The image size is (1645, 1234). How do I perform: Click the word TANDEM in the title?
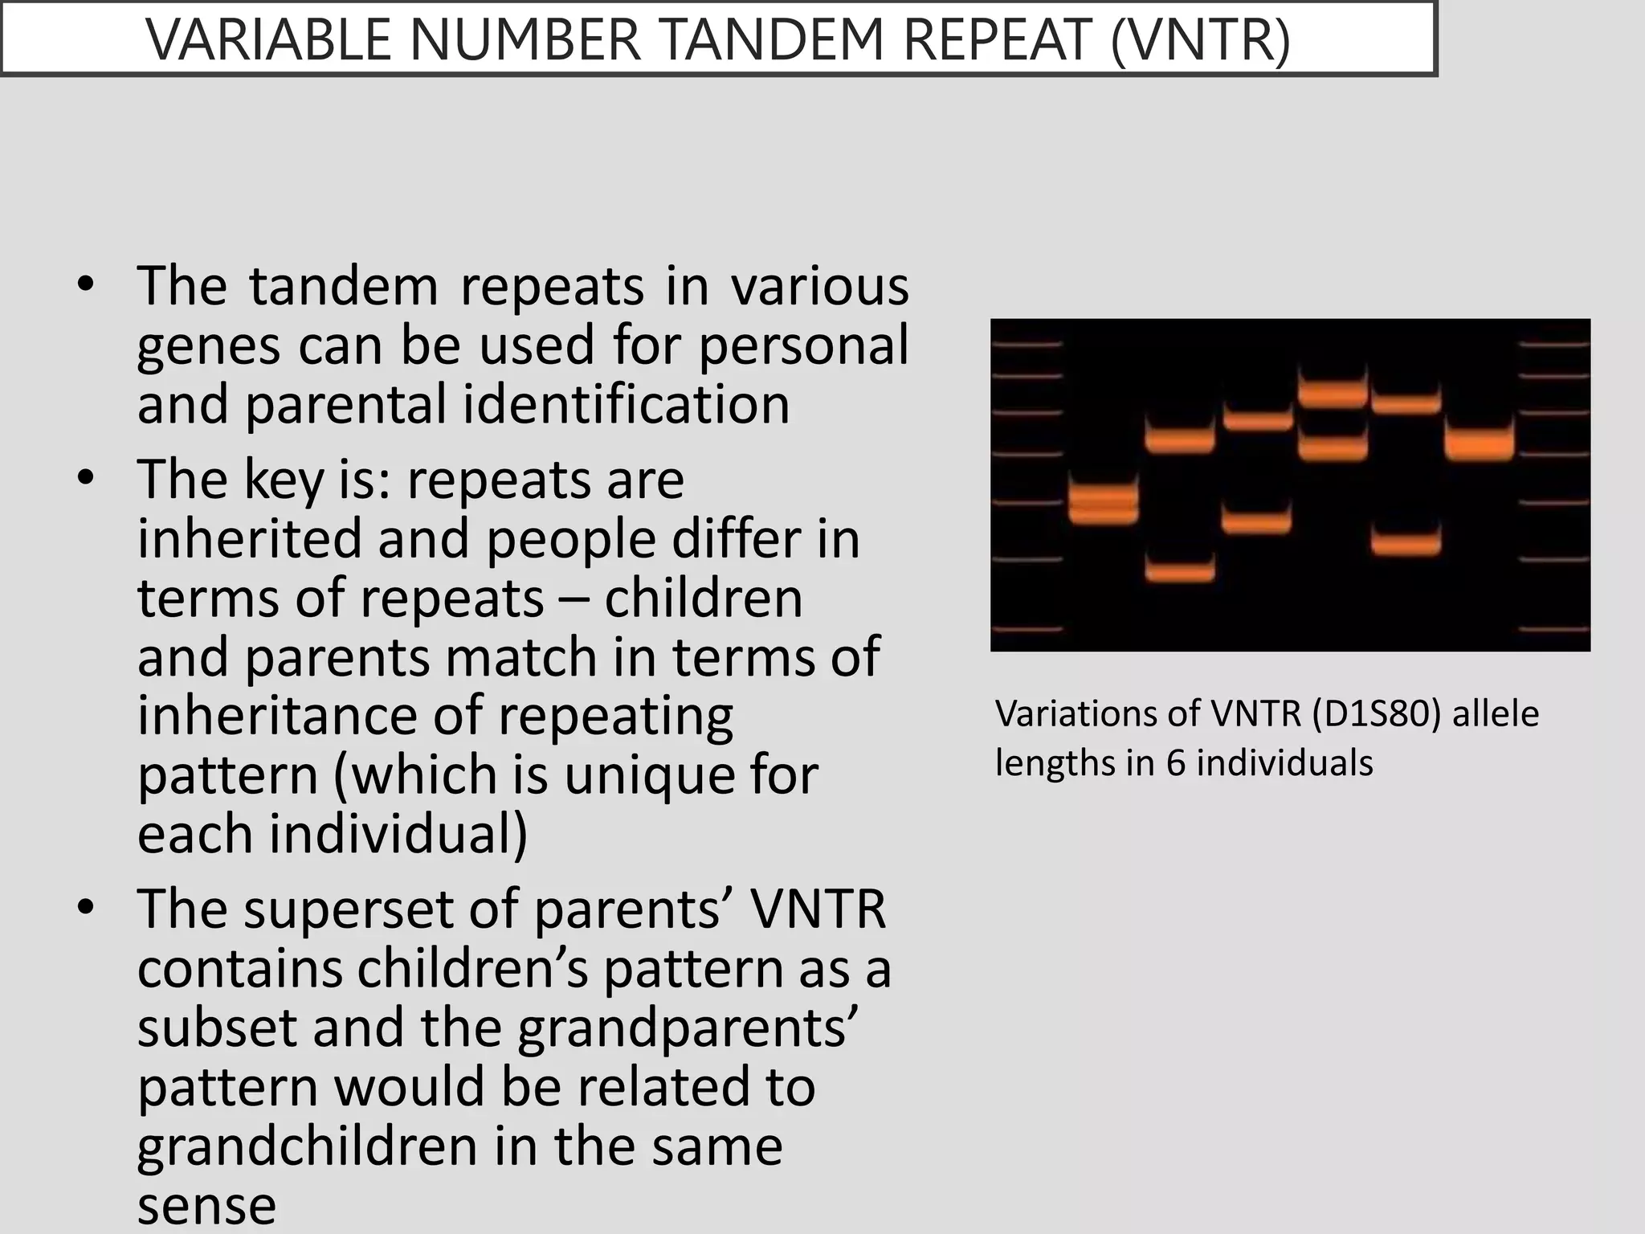[774, 39]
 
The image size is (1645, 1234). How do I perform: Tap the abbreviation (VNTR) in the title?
[1200, 39]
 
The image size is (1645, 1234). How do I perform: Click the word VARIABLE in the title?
[270, 39]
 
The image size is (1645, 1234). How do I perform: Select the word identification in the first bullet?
[626, 403]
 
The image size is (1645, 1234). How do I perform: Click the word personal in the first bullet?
[803, 345]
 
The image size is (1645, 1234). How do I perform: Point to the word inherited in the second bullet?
[250, 538]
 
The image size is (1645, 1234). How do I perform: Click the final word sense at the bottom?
[206, 1205]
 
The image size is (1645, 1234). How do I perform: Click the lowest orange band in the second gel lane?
[1179, 571]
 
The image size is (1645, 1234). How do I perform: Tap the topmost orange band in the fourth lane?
[1332, 393]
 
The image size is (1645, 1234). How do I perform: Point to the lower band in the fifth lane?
[1405, 541]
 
